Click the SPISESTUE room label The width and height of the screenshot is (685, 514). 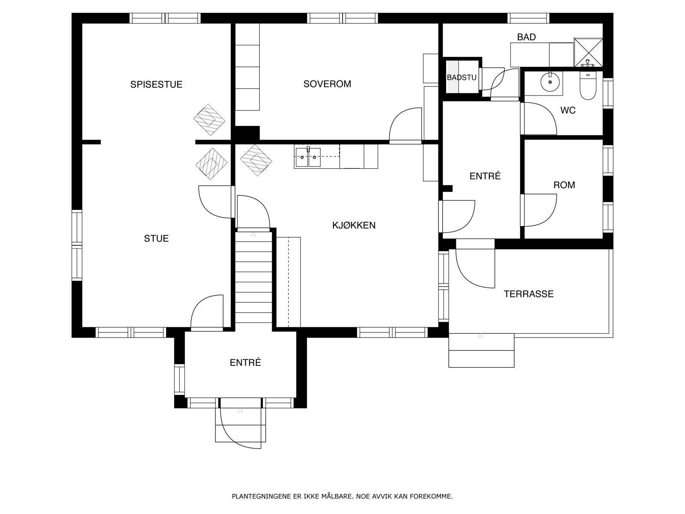tap(156, 84)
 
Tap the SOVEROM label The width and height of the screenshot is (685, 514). tap(328, 84)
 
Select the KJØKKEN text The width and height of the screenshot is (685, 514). tap(354, 225)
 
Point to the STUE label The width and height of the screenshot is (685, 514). tap(156, 239)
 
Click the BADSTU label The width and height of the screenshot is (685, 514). tap(462, 78)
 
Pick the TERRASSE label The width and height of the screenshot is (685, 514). tap(529, 294)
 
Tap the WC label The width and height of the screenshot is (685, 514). tap(568, 110)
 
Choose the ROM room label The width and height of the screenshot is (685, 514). tap(564, 185)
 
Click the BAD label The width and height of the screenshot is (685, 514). tap(527, 37)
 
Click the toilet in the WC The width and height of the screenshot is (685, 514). tap(588, 85)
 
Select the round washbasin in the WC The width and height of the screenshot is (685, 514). tap(550, 82)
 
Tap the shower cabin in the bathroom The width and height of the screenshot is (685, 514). tap(588, 52)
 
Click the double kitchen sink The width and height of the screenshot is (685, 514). tap(308, 157)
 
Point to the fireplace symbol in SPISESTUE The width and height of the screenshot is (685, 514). tap(209, 120)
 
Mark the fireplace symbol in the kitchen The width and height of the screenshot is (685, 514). tap(256, 160)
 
